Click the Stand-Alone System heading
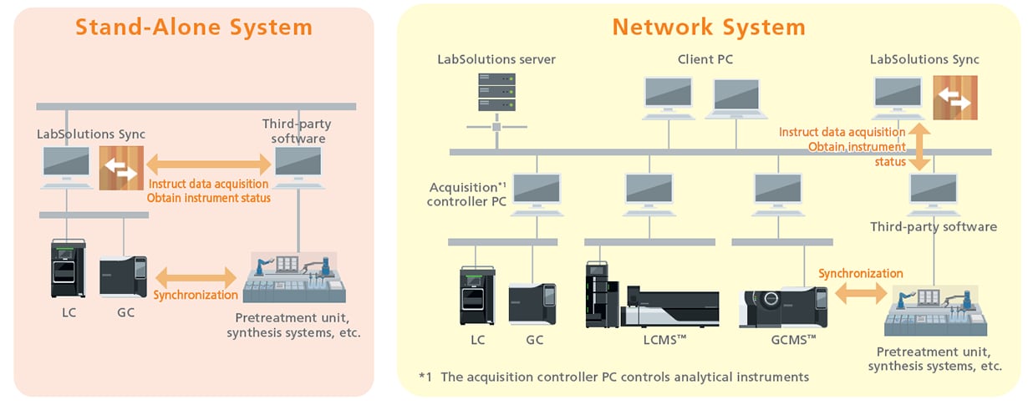click(194, 27)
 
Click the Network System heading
click(709, 27)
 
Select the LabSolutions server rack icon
click(496, 92)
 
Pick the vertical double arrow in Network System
click(920, 146)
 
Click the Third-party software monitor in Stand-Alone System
click(299, 167)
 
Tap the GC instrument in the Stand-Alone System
click(123, 277)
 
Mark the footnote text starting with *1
click(613, 377)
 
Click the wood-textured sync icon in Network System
click(955, 98)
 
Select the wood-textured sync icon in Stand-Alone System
click(121, 168)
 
